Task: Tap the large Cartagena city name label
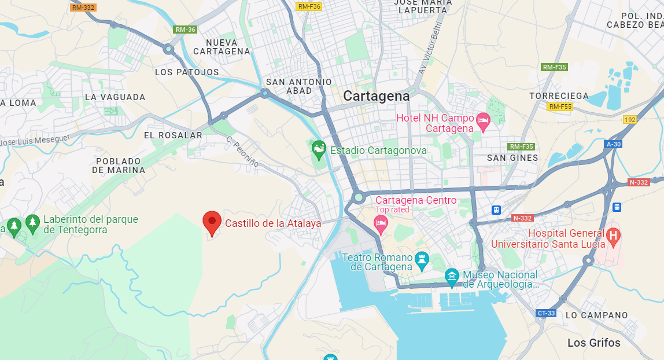376,96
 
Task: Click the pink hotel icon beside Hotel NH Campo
483,122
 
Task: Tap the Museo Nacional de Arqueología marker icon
452,277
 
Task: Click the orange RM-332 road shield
83,8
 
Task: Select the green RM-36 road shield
185,30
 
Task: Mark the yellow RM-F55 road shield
560,106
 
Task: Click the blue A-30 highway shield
614,144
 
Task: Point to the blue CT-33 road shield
546,313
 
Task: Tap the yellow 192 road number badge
630,120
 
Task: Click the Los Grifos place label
593,343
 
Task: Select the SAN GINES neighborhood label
512,157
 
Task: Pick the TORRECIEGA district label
559,96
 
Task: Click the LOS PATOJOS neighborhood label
187,72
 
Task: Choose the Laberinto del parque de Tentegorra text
91,225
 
